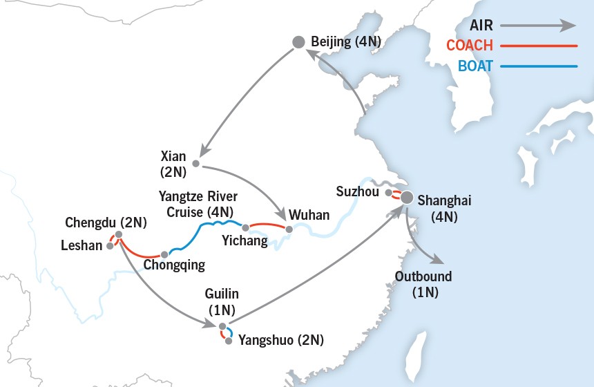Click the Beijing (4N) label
[346, 42]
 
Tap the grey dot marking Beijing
[298, 42]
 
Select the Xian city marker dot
[195, 164]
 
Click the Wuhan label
[309, 215]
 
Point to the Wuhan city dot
[289, 229]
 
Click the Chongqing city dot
[164, 254]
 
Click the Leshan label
[81, 245]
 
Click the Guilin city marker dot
[222, 326]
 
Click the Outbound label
[423, 276]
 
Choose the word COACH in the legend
[470, 46]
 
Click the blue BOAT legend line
[539, 67]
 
